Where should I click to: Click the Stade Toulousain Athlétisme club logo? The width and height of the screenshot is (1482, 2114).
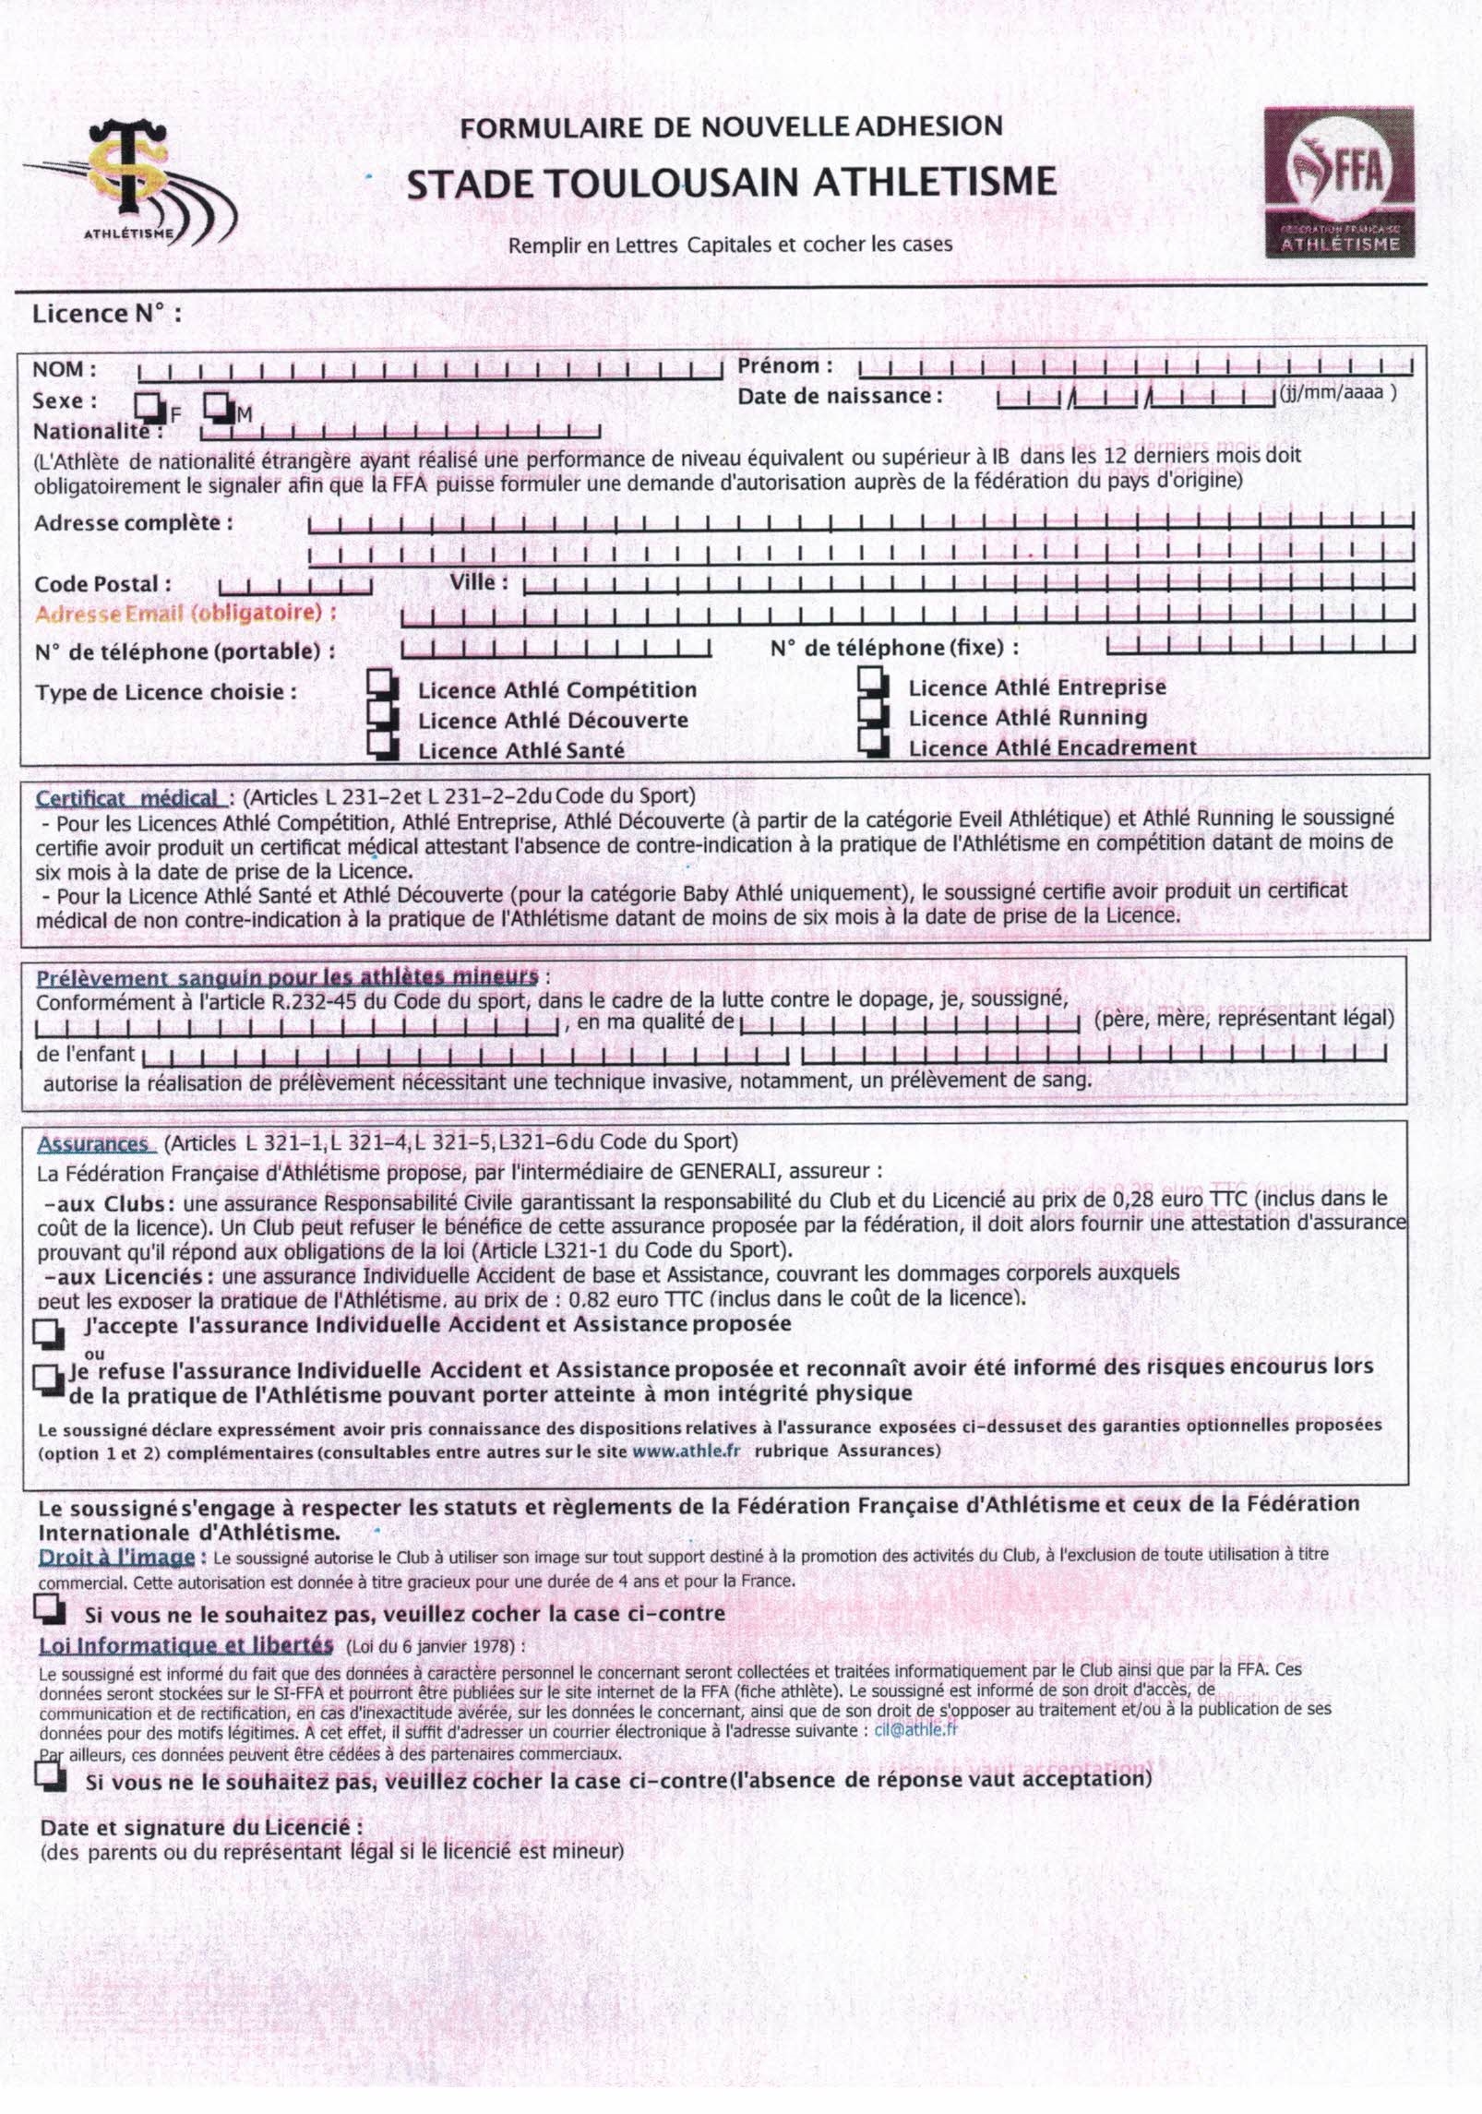pyautogui.click(x=135, y=185)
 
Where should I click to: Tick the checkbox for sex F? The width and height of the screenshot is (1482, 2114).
pyautogui.click(x=148, y=405)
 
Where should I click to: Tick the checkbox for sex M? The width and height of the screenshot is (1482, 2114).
pyautogui.click(x=218, y=405)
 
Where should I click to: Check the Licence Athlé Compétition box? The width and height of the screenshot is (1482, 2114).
pyautogui.click(x=381, y=683)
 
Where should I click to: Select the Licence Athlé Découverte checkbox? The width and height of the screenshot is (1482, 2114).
pyautogui.click(x=381, y=712)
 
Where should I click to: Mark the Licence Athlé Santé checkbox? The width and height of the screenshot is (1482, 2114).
pyautogui.click(x=381, y=743)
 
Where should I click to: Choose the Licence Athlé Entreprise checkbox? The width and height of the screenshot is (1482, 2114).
pyautogui.click(x=871, y=681)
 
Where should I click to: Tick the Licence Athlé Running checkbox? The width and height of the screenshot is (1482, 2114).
pyautogui.click(x=871, y=711)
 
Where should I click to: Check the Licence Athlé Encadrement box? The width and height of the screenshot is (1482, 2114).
pyautogui.click(x=871, y=741)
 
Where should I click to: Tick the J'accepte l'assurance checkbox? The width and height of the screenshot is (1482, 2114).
pyautogui.click(x=48, y=1332)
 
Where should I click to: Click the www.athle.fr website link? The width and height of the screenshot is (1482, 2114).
pyautogui.click(x=687, y=1450)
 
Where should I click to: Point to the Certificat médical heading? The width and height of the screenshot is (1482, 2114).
pyautogui.click(x=127, y=797)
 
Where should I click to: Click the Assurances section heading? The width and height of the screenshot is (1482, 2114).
pyautogui.click(x=92, y=1144)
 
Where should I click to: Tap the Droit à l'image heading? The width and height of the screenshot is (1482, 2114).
pyautogui.click(x=116, y=1559)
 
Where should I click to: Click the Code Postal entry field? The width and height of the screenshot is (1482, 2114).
pyautogui.click(x=295, y=585)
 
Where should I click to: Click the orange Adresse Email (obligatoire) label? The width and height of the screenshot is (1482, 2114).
pyautogui.click(x=185, y=613)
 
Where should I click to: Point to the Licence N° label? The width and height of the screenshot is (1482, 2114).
pyautogui.click(x=107, y=314)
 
